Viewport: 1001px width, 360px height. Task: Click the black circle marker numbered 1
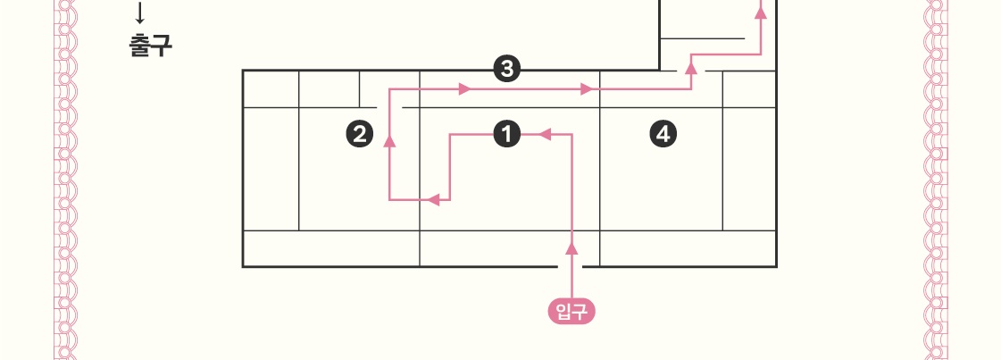tap(506, 135)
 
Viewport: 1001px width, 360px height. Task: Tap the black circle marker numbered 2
tap(359, 135)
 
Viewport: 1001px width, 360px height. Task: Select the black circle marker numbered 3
tap(506, 69)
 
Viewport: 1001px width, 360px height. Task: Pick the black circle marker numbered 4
tap(662, 135)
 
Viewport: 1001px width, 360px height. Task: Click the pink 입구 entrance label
tap(571, 311)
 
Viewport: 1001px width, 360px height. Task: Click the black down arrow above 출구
tap(139, 13)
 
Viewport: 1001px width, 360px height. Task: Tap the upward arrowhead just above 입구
tap(572, 247)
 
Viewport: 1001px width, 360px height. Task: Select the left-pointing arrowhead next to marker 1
tap(544, 135)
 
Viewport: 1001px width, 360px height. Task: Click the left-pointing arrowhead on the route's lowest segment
tap(434, 199)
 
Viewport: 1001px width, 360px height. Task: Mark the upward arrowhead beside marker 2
tap(390, 140)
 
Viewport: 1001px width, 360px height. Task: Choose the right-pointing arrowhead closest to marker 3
tap(464, 89)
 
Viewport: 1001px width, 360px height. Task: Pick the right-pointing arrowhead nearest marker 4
tap(587, 89)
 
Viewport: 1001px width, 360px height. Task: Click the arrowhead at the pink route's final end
tap(761, 13)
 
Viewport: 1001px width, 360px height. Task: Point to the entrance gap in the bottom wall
tap(571, 266)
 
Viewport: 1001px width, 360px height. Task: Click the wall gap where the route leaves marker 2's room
tap(390, 107)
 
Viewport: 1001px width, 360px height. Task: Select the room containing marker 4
tap(661, 170)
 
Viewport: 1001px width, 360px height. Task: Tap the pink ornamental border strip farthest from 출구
tap(936, 179)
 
